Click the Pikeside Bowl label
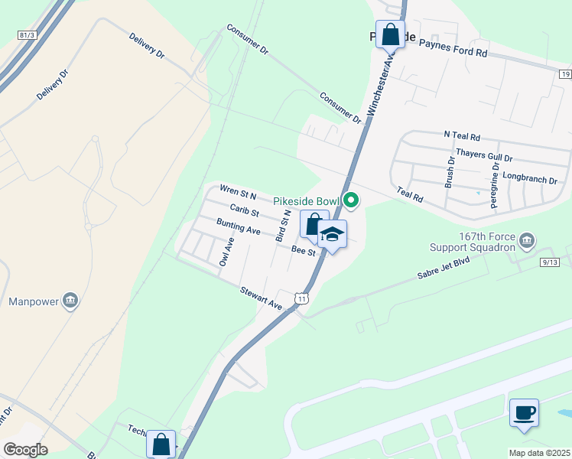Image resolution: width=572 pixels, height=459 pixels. (x=306, y=200)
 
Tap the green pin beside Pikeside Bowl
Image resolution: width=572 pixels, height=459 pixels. (x=351, y=200)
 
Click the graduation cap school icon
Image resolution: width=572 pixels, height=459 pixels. (x=332, y=234)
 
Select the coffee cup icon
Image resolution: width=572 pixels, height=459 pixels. (x=524, y=413)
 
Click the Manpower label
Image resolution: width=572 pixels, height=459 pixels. (x=34, y=301)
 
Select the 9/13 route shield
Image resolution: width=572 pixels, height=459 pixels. (x=549, y=262)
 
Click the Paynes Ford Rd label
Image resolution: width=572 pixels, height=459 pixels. (x=453, y=50)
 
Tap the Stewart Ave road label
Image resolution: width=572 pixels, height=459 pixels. (x=261, y=298)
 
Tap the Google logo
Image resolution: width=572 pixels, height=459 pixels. (x=25, y=450)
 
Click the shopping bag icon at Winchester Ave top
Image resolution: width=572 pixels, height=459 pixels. (x=390, y=35)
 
